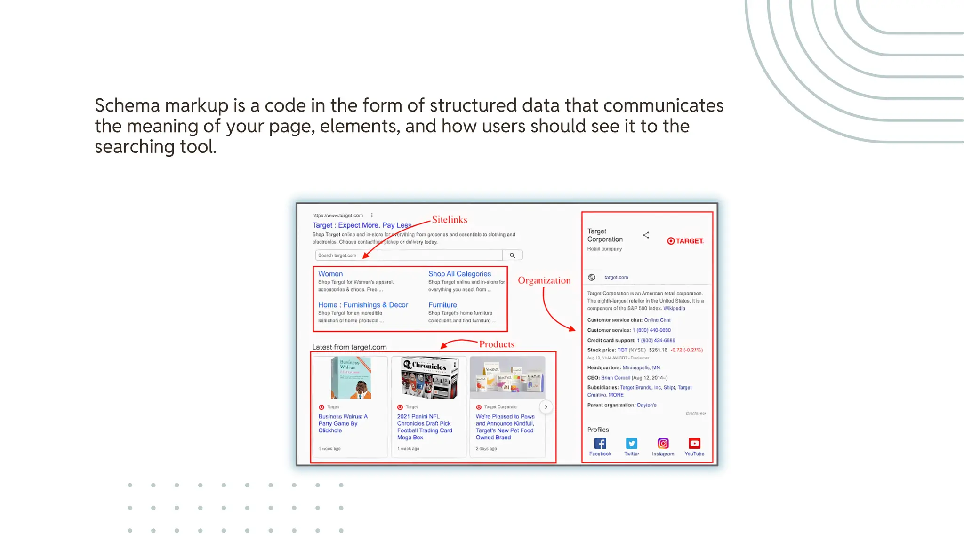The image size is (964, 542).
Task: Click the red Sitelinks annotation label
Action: [x=450, y=220]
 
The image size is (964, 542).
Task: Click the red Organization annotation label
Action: [x=544, y=280]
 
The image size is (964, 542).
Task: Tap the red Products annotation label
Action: [x=497, y=344]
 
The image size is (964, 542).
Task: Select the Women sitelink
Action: [x=330, y=274]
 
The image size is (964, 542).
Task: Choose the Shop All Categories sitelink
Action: [x=459, y=274]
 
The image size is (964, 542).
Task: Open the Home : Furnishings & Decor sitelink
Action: [x=363, y=305]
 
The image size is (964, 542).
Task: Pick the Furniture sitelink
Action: [x=442, y=305]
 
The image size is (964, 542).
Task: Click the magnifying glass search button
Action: [x=512, y=255]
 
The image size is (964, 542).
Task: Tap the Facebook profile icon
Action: [x=600, y=444]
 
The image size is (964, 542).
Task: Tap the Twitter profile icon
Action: [x=632, y=444]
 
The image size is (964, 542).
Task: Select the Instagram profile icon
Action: [x=663, y=444]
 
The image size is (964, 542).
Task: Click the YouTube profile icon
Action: [x=694, y=444]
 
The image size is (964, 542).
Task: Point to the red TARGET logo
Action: [x=685, y=241]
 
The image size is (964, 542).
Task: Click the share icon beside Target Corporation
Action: [x=646, y=235]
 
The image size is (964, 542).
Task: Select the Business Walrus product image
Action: [x=351, y=378]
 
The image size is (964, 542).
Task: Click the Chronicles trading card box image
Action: [x=429, y=378]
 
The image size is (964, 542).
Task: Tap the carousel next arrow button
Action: [x=546, y=407]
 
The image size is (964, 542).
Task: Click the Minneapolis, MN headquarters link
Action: [x=641, y=368]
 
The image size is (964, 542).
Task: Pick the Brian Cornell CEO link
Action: [x=615, y=378]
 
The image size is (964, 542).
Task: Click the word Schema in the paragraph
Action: [x=128, y=106]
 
